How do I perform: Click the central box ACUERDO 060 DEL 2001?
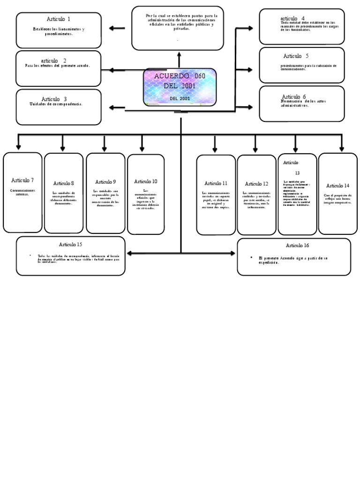click(180, 87)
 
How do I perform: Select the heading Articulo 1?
click(59, 19)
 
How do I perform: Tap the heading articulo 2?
click(53, 61)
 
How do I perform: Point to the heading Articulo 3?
click(54, 99)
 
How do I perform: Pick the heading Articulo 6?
click(294, 97)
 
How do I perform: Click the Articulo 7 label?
click(22, 180)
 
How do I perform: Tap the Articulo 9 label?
click(105, 182)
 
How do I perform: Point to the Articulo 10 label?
click(146, 181)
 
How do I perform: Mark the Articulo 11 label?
click(216, 183)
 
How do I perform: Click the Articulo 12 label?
click(256, 184)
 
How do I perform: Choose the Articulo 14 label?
click(337, 186)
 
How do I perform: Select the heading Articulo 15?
click(70, 245)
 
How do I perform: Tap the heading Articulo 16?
click(297, 246)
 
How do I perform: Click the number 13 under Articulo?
click(297, 172)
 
